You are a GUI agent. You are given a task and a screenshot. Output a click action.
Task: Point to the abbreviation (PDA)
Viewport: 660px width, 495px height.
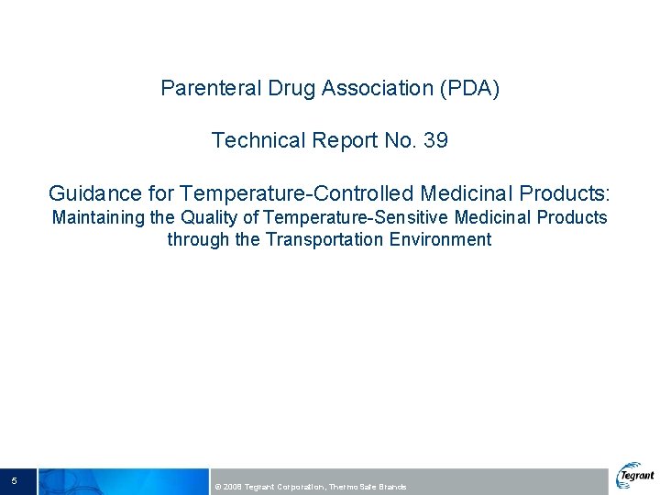469,89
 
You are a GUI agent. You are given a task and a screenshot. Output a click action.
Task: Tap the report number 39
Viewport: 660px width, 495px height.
434,140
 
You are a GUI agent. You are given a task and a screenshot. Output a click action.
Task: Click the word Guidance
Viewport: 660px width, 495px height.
93,193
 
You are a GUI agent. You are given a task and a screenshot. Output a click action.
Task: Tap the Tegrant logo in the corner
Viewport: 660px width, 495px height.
635,476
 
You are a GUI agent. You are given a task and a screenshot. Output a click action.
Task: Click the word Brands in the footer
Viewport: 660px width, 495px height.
392,487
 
